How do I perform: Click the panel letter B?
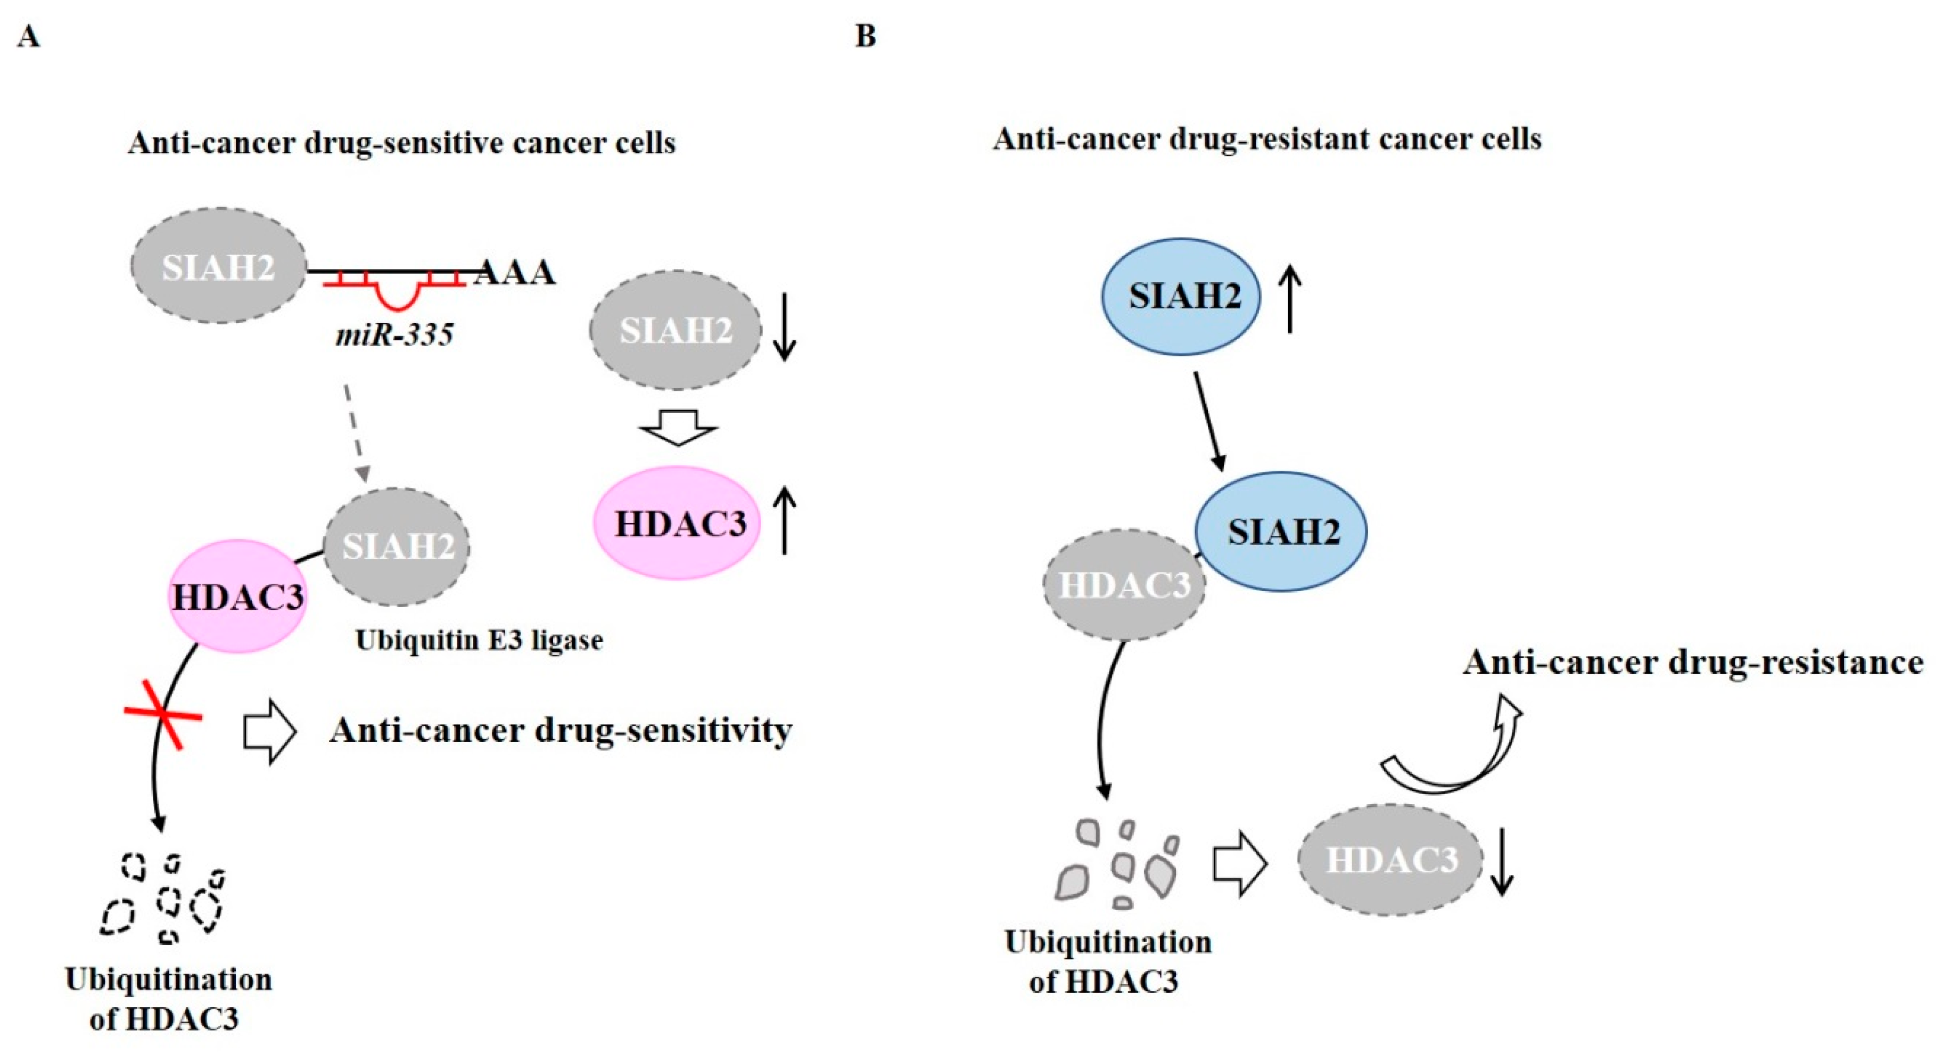click(x=865, y=36)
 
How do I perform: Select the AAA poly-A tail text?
click(x=515, y=272)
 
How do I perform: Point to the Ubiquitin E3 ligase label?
click(x=479, y=640)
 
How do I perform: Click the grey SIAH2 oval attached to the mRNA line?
click(x=219, y=266)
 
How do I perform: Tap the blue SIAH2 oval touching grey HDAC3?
click(x=1281, y=531)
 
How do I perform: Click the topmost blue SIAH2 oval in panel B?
click(x=1182, y=296)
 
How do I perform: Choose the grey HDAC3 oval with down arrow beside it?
click(x=1390, y=860)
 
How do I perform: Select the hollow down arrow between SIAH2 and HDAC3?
click(x=677, y=427)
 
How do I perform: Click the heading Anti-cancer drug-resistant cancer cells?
click(x=1267, y=139)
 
